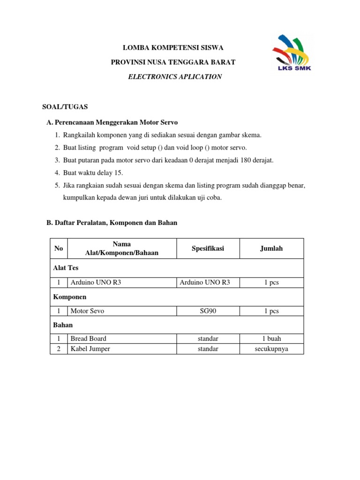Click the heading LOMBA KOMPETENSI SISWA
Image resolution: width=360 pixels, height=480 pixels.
pyautogui.click(x=173, y=48)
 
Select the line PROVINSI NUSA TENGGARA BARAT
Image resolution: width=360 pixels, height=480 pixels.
pyautogui.click(x=173, y=62)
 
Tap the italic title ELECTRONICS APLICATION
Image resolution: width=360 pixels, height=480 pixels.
pyautogui.click(x=175, y=76)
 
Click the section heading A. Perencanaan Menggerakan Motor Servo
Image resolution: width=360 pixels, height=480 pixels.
pyautogui.click(x=112, y=122)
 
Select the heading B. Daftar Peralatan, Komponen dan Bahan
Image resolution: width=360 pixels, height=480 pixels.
pyautogui.click(x=112, y=223)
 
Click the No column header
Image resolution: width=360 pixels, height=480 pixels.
pyautogui.click(x=59, y=248)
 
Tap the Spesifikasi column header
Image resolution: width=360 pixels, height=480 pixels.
pyautogui.click(x=208, y=248)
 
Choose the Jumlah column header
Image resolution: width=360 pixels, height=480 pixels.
pyautogui.click(x=271, y=248)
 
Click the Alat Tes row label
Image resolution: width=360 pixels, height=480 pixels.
pyautogui.click(x=65, y=268)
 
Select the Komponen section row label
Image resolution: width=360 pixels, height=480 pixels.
pyautogui.click(x=69, y=297)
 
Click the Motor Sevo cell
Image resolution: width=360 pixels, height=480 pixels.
pyautogui.click(x=87, y=311)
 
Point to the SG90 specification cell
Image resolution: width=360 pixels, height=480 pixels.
pyautogui.click(x=208, y=311)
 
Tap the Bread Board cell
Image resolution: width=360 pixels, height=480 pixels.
pyautogui.click(x=88, y=338)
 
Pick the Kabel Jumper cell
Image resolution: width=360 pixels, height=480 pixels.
pyautogui.click(x=90, y=349)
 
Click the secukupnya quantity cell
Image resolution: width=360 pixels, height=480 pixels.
pyautogui.click(x=271, y=349)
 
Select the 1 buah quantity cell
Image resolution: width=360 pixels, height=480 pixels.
pyautogui.click(x=271, y=338)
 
